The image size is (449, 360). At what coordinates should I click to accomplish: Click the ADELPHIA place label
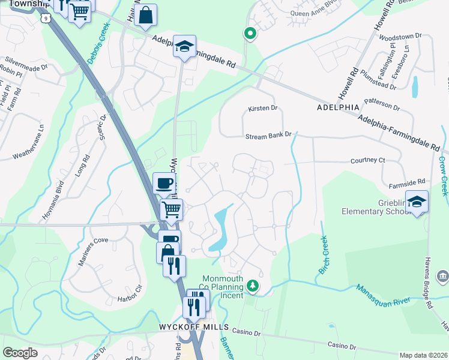click(337, 107)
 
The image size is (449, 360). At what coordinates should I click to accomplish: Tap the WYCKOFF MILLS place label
click(194, 327)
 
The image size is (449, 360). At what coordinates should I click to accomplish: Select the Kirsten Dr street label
click(263, 109)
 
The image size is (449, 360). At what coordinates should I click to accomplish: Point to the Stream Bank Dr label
click(268, 136)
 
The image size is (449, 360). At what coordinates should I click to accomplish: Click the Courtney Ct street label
click(367, 160)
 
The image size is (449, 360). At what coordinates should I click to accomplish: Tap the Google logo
click(20, 353)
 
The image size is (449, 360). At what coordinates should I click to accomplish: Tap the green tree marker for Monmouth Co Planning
click(253, 286)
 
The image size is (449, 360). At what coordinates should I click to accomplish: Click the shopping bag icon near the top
click(146, 16)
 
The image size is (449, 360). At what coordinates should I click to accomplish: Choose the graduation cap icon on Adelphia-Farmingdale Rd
click(184, 46)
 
